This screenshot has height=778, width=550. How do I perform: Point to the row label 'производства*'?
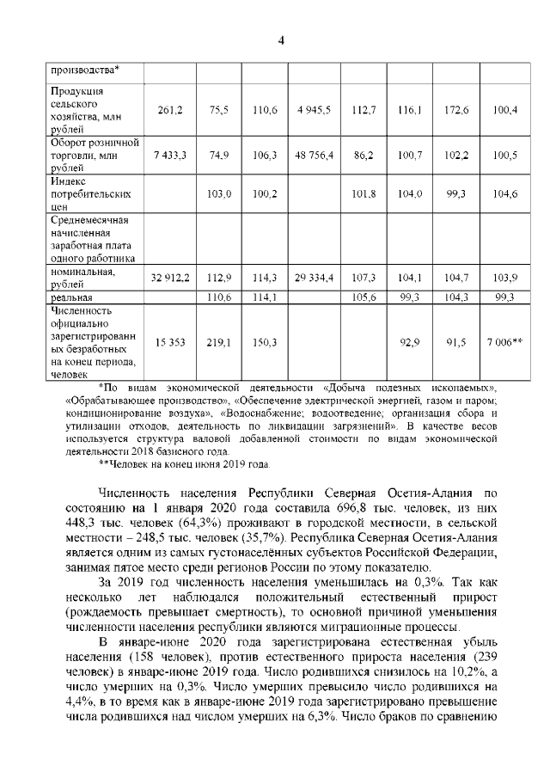pos(85,70)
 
